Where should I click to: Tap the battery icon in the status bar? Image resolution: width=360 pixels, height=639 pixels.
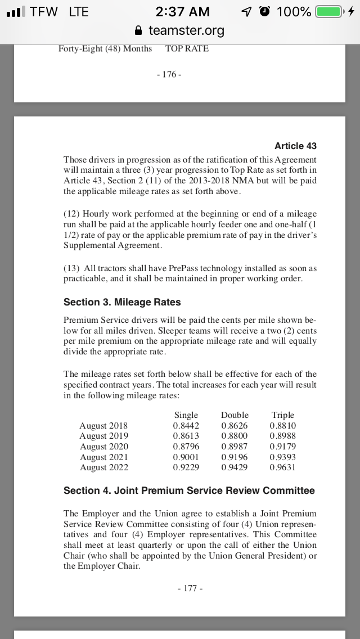click(329, 12)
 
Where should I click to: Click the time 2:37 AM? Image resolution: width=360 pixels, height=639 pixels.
click(183, 12)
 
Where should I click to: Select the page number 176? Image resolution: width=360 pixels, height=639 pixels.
click(171, 74)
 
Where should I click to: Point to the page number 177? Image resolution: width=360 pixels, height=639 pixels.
click(190, 588)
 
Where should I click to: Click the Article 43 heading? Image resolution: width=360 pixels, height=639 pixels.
click(295, 146)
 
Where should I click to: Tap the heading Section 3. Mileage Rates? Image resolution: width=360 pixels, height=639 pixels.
click(122, 302)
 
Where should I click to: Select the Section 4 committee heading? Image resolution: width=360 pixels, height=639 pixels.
click(189, 490)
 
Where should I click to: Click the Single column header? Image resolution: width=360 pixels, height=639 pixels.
click(186, 415)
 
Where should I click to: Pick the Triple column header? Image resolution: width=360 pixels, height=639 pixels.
click(282, 415)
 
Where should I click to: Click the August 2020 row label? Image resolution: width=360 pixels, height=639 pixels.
click(103, 447)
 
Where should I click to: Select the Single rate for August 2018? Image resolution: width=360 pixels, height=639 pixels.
click(186, 426)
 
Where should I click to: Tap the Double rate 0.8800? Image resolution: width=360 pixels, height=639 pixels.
click(234, 436)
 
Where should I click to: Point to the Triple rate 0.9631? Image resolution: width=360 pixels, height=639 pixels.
click(282, 467)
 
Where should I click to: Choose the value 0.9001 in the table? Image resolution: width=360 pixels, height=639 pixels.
click(186, 457)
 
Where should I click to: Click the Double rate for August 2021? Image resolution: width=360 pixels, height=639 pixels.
click(234, 457)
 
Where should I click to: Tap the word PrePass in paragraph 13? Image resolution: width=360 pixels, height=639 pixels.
click(170, 268)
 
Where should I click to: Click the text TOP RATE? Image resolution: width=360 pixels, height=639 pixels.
click(187, 48)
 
